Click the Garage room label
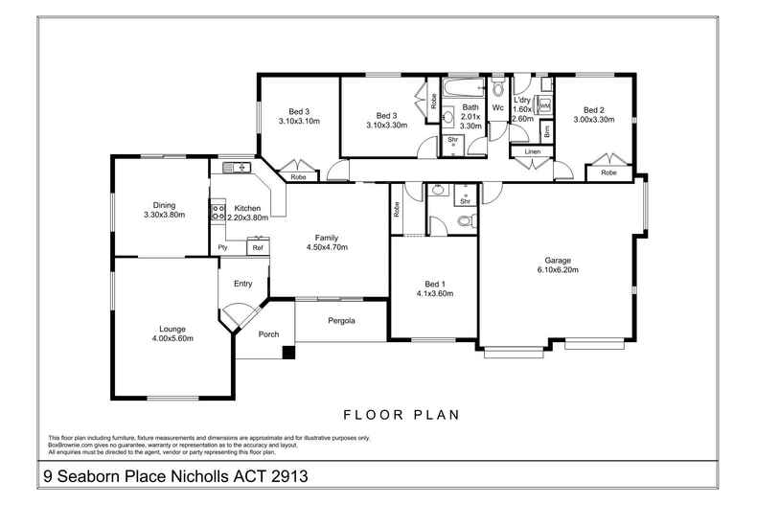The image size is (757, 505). [x=558, y=261]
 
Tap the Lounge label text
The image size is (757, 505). [x=172, y=330]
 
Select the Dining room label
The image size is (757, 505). [x=164, y=205]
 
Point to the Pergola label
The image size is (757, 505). [x=341, y=321]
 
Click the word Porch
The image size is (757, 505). [x=268, y=334]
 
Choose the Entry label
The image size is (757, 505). [x=242, y=284]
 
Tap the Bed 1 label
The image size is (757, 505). [x=432, y=284]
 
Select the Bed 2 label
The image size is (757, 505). [x=594, y=110]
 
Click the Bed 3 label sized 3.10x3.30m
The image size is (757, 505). [x=387, y=116]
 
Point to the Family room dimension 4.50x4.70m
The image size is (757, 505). [x=327, y=247]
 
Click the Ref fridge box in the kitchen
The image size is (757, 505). [x=258, y=247]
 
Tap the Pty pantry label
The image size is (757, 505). [x=222, y=247]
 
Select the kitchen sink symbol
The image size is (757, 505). [x=237, y=168]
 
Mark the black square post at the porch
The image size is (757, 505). [x=288, y=353]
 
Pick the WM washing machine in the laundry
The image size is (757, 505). [x=544, y=105]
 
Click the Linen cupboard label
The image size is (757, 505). [x=533, y=151]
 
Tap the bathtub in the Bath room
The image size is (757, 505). [x=463, y=88]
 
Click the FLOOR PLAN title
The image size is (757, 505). [x=401, y=415]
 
